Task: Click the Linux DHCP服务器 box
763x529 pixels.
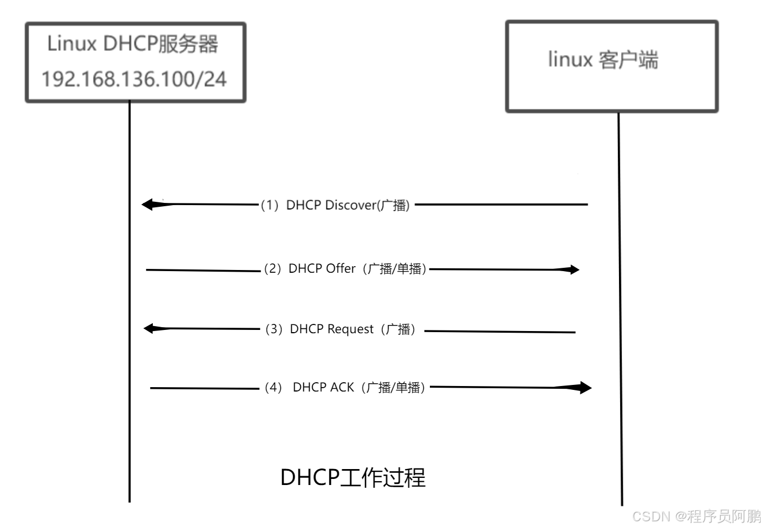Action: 135,62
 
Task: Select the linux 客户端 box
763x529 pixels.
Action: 612,67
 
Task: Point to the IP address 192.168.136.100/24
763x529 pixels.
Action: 134,79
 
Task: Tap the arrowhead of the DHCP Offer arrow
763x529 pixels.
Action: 573,269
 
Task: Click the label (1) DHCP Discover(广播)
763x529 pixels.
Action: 335,205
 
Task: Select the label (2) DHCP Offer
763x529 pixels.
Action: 345,269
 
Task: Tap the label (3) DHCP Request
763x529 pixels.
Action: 341,329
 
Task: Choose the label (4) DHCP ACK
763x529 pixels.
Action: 345,388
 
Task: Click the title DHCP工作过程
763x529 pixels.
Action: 352,477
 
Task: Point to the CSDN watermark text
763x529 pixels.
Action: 696,516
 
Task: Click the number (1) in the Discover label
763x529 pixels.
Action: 269,205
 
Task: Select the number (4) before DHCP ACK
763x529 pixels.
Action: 273,388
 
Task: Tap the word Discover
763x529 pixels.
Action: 350,205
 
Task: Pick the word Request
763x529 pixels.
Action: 350,329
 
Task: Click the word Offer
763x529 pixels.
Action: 341,269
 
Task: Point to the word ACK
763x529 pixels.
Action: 342,388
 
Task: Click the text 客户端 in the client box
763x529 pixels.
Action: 628,59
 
